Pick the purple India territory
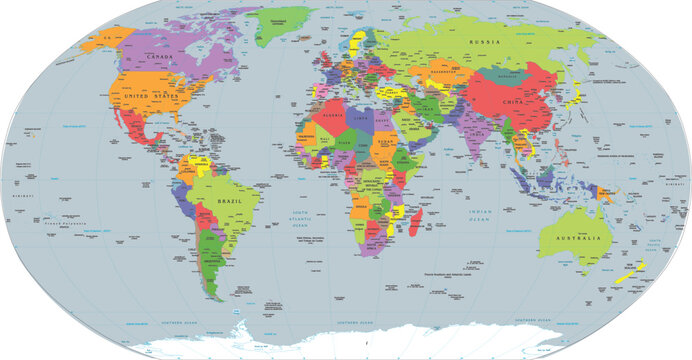coord(469,130)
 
